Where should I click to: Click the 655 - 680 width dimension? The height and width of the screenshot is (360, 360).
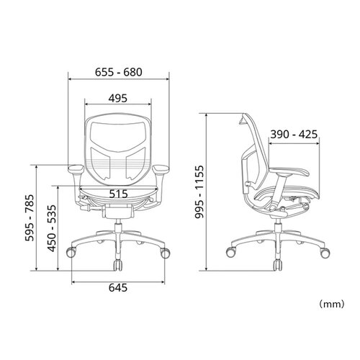tap(119, 72)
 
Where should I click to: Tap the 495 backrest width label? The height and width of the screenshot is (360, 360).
tap(118, 98)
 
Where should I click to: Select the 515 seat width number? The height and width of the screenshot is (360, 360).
tap(118, 194)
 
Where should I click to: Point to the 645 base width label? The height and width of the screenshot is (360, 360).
tap(118, 287)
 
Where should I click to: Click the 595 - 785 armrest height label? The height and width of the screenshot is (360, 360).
tap(30, 218)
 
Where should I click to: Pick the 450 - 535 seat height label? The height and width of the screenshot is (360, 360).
tap(52, 228)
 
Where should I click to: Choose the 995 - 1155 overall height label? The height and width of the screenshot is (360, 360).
tap(199, 192)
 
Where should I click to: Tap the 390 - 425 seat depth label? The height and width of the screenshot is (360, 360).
tap(294, 135)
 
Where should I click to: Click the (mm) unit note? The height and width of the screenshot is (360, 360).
tap(331, 305)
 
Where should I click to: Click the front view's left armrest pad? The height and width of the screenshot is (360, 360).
tap(76, 168)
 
